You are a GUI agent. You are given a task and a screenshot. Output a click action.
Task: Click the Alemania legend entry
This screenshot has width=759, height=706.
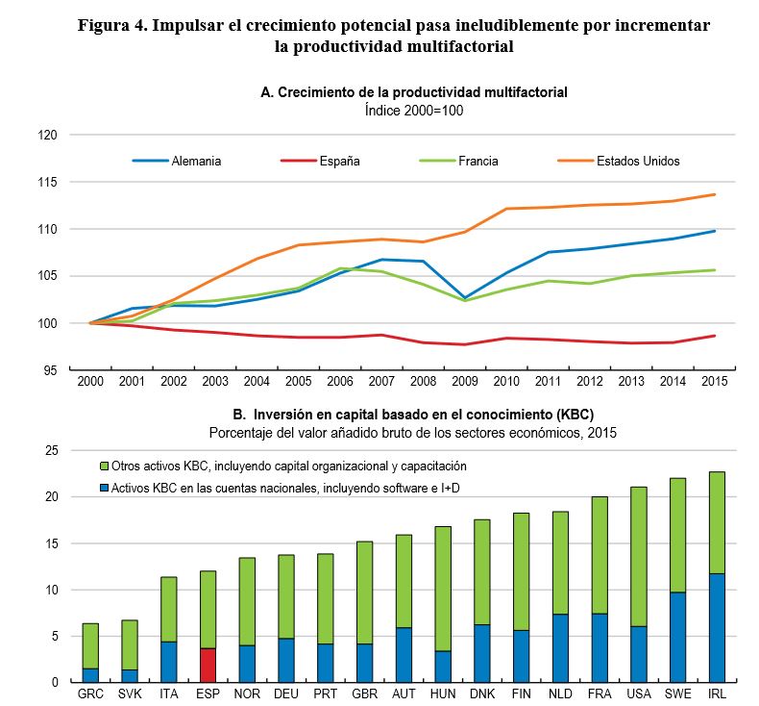click(x=196, y=161)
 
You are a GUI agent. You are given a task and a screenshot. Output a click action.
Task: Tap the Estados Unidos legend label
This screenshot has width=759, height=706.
click(x=639, y=161)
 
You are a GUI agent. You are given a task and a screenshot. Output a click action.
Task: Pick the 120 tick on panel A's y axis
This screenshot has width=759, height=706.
click(x=50, y=136)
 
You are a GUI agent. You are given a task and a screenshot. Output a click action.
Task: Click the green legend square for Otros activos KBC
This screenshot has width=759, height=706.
click(x=105, y=466)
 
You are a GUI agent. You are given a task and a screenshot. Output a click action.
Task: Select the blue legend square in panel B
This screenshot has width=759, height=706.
click(x=105, y=489)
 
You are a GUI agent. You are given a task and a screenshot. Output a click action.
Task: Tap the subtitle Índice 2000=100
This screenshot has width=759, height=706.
click(x=414, y=111)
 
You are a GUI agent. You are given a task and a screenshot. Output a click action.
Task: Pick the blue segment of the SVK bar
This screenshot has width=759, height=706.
click(x=131, y=675)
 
